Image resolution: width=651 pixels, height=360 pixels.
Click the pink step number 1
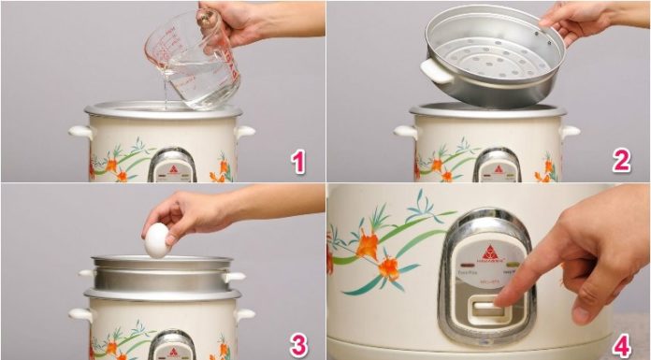point(298,162)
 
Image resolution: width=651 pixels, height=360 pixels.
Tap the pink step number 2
point(621,162)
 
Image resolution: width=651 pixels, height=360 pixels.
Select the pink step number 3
point(298,344)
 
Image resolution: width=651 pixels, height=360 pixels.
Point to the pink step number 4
point(621,344)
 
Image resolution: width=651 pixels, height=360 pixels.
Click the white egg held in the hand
point(157,240)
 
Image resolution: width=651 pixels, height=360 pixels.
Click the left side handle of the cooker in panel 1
point(79,132)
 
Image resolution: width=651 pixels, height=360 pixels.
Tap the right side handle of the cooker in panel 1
point(244,132)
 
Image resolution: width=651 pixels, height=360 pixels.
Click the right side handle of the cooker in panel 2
point(569,132)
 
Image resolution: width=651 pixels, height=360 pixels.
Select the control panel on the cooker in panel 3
point(171,346)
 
